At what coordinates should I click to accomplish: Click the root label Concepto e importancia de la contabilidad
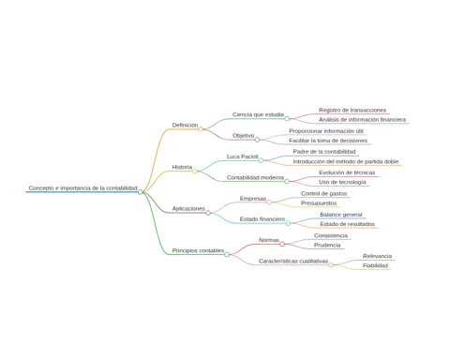tap(83, 187)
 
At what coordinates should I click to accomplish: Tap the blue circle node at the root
tap(141, 192)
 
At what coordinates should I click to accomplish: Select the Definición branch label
tap(185, 125)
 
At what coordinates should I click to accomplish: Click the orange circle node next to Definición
tap(201, 129)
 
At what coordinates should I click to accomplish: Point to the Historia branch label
tap(182, 167)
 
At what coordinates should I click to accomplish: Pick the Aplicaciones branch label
tap(188, 208)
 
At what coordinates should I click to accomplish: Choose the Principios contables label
tap(198, 250)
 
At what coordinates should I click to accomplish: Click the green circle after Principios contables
tap(227, 254)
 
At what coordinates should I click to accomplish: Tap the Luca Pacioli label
tap(243, 157)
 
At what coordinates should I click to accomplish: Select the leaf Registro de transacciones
tap(352, 110)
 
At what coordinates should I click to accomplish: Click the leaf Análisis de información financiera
tap(362, 119)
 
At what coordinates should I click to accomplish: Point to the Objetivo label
tap(244, 136)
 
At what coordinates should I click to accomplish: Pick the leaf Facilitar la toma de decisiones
tap(328, 141)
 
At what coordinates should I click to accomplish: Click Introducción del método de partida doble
tap(346, 161)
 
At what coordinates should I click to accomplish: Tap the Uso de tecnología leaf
tap(342, 182)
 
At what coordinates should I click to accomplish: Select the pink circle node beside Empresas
tap(269, 202)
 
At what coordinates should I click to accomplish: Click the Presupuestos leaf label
tap(319, 202)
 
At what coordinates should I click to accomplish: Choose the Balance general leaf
tap(341, 215)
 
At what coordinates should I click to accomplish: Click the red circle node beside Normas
tap(282, 244)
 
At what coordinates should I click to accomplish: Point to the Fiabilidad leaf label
tap(375, 265)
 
